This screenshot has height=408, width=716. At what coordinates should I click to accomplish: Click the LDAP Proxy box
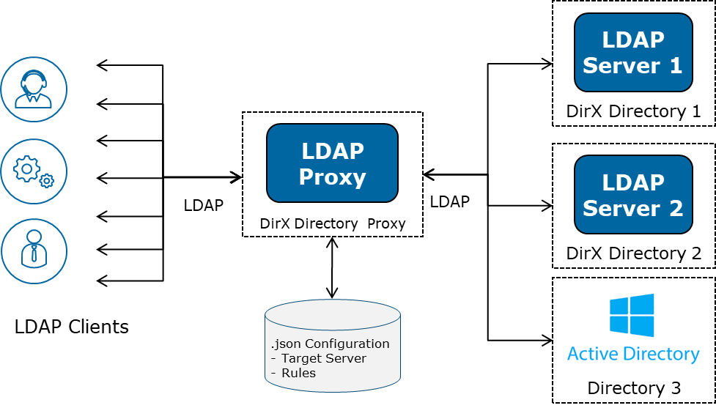tap(332, 163)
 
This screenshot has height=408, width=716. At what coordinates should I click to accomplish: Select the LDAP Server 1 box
tap(633, 52)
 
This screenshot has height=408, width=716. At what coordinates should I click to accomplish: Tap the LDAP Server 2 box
tap(633, 194)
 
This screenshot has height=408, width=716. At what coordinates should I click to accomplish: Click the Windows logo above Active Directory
tap(632, 315)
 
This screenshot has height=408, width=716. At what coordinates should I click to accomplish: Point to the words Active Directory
tap(633, 354)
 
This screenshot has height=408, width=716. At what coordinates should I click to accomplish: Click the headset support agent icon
tap(34, 89)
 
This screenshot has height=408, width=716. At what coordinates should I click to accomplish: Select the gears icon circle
tap(34, 172)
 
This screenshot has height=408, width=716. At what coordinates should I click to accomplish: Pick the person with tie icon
tap(34, 251)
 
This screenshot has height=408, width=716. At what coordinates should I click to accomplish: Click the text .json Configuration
tap(330, 344)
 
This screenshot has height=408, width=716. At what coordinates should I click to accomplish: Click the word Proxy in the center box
tap(332, 177)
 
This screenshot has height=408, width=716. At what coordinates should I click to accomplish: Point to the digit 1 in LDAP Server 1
tap(675, 66)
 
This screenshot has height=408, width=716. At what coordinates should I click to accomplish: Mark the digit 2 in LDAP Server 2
tap(675, 208)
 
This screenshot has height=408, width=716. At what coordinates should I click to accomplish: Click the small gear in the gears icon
tap(47, 180)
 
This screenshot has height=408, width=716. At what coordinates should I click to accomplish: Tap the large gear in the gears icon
tap(27, 168)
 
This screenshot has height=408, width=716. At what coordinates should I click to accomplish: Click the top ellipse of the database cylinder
tap(333, 314)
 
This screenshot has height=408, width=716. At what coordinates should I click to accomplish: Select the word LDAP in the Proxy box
tap(332, 151)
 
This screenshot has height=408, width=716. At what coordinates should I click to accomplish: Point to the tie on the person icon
tap(34, 256)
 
